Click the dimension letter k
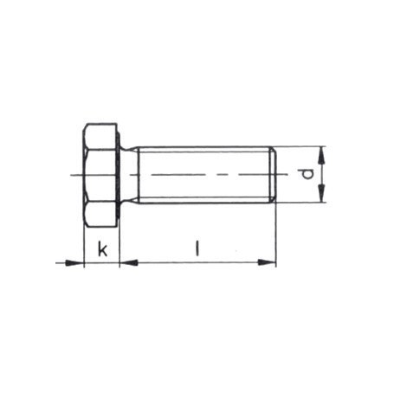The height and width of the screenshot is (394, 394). [x=102, y=249]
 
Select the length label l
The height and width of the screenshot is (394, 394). [x=197, y=249]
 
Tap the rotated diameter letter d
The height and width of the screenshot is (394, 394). [x=305, y=175]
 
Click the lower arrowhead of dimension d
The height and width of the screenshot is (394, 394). [x=320, y=196]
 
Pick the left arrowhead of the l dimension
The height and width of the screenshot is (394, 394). [x=126, y=262]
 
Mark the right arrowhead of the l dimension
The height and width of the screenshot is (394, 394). [x=269, y=262]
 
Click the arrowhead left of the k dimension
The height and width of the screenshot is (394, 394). [x=77, y=262]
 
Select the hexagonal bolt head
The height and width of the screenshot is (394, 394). [x=101, y=174]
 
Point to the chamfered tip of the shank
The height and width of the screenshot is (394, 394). [x=275, y=174]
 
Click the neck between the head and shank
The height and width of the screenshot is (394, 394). [x=129, y=174]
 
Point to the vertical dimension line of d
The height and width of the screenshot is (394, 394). [x=320, y=175]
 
